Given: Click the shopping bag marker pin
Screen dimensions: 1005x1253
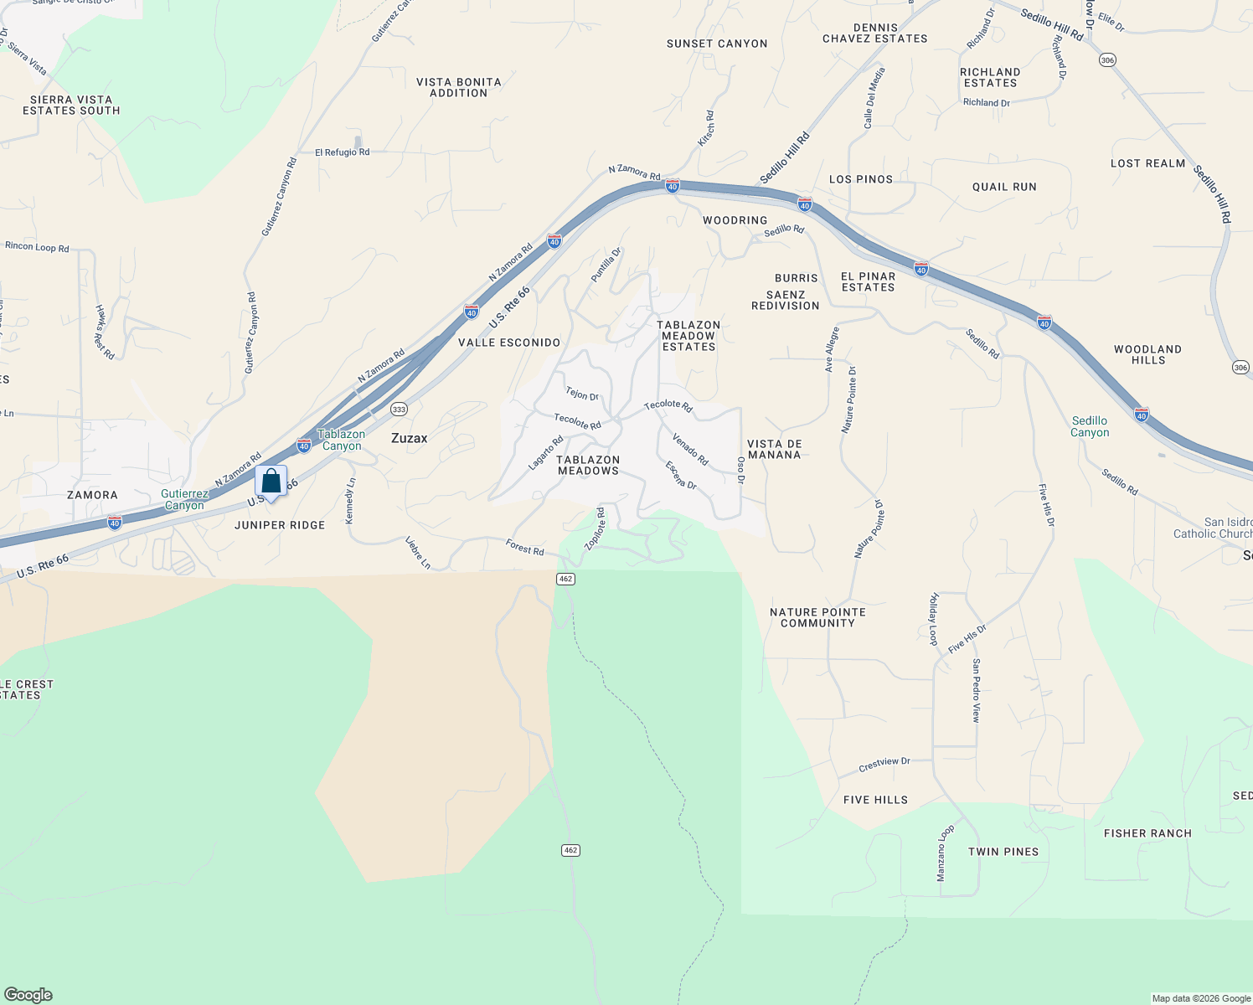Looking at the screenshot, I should point(271,482).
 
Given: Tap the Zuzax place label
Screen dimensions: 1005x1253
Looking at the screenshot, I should point(410,438).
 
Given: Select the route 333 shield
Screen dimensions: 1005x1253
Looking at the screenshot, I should point(399,410).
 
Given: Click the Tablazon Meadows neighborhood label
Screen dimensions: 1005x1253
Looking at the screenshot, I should point(588,466).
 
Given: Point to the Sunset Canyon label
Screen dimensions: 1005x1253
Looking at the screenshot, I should point(717,44).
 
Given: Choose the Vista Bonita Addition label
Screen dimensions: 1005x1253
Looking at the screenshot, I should point(459,88).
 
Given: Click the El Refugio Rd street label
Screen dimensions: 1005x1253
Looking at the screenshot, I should point(342,152).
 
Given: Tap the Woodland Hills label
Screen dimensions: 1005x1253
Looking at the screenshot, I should point(1147,355).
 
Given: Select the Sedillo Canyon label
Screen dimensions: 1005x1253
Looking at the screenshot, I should point(1090,427).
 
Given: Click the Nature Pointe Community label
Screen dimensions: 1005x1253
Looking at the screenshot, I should point(817,618).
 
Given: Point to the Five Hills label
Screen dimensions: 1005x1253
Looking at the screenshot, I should point(875,800).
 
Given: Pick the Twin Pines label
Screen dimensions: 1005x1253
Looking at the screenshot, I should point(1003,852).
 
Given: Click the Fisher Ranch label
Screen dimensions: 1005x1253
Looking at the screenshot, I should point(1147,833).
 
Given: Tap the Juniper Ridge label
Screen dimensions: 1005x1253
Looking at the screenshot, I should point(280,525).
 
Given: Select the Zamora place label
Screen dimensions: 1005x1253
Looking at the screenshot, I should point(92,495).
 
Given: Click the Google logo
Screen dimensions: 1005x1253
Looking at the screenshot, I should point(28,995).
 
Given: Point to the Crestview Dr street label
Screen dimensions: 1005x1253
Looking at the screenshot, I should point(884,765).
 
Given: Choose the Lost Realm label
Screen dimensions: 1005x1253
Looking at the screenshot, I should point(1147,163).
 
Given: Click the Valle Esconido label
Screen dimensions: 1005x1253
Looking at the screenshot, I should point(509,343).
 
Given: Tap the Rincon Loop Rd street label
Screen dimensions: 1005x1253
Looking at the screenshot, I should point(37,247).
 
